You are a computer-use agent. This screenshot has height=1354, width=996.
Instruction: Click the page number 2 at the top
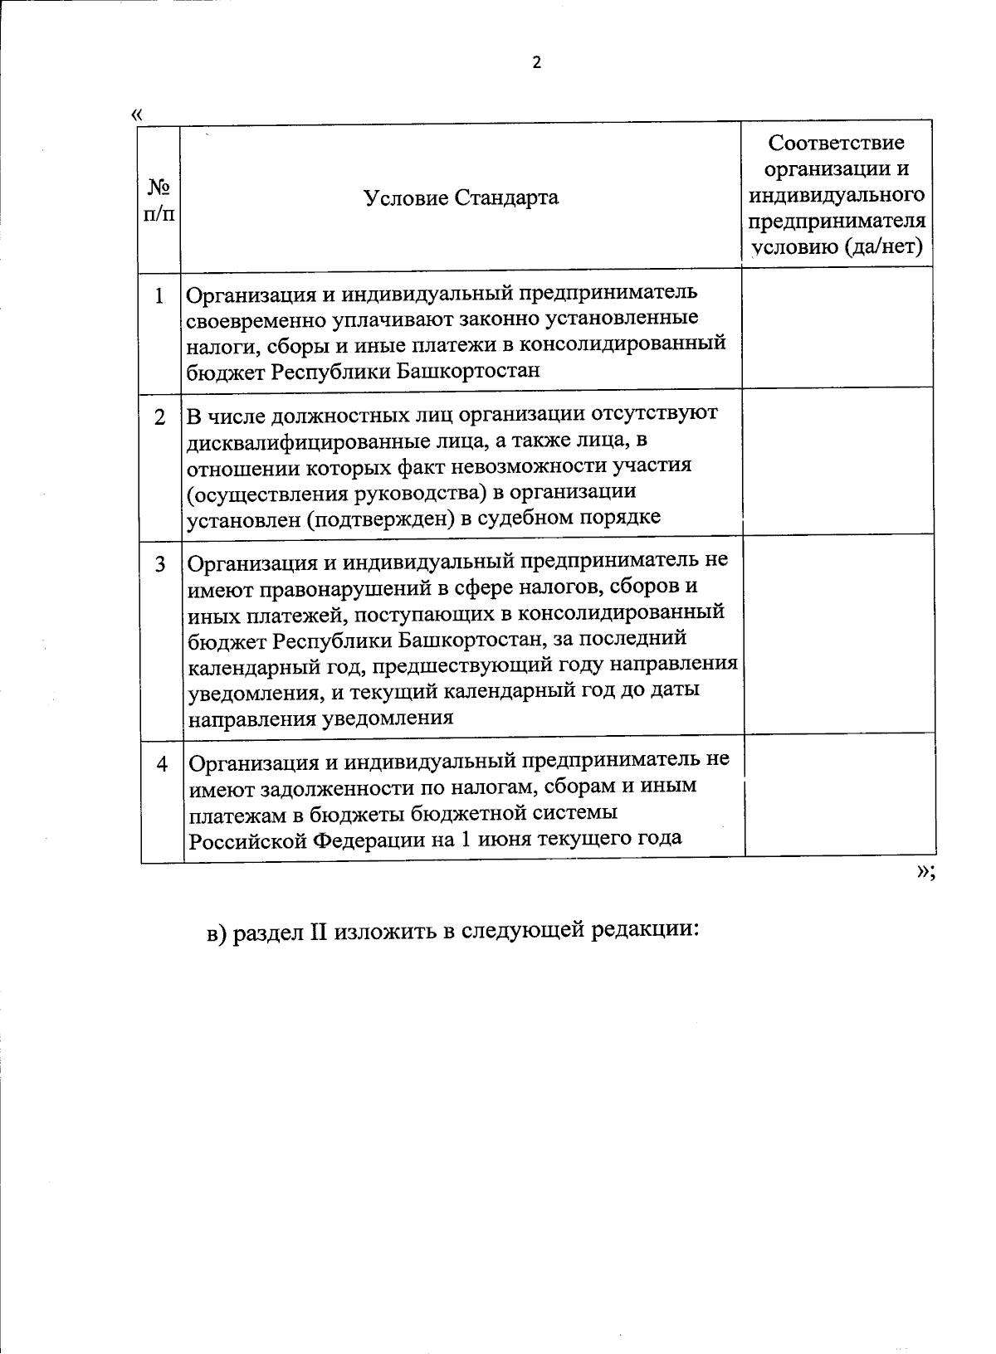pyautogui.click(x=536, y=63)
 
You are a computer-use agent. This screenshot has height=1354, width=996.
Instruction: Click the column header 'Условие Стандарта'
pyautogui.click(x=461, y=197)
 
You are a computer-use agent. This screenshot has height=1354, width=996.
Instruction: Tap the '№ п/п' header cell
pyautogui.click(x=159, y=199)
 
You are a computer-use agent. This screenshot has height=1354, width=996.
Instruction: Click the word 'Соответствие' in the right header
pyautogui.click(x=836, y=143)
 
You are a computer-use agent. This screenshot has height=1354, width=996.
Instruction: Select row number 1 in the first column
pyautogui.click(x=159, y=296)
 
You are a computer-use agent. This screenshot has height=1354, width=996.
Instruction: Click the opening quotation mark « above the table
pyautogui.click(x=137, y=114)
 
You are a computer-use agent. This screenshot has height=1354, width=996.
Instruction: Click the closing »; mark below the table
pyautogui.click(x=925, y=872)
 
